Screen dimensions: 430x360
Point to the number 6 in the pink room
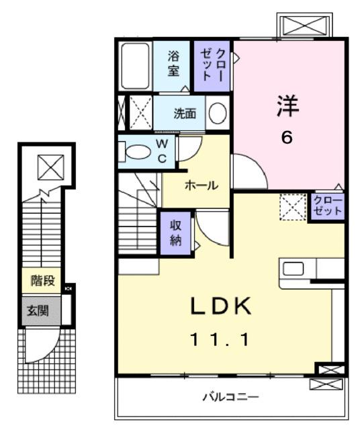[287, 137]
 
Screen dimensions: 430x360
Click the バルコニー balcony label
[232, 396]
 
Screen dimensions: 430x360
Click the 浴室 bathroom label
[173, 65]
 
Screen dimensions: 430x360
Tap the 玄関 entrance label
[37, 310]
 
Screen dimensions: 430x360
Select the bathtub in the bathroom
[137, 67]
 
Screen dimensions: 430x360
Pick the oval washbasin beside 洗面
[217, 114]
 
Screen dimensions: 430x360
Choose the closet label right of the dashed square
[328, 206]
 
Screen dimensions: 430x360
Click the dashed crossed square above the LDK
[293, 206]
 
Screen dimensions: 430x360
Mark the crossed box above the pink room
[305, 26]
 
